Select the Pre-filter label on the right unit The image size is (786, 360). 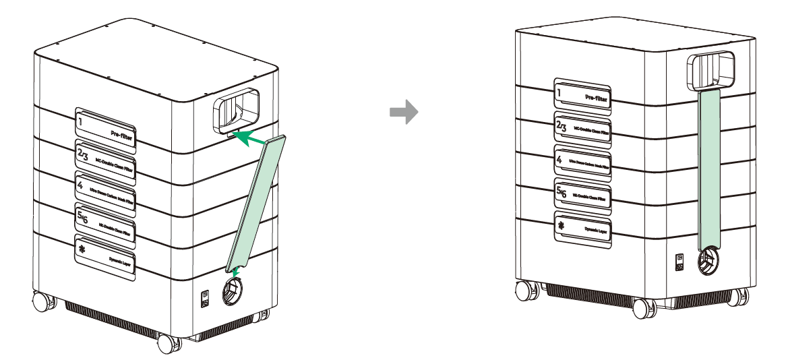582,94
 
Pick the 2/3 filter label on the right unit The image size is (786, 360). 582,128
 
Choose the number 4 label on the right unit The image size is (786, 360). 582,162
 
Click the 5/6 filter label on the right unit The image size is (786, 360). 582,195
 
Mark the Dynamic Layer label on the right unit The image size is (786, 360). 582,227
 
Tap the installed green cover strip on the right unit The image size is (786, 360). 710,169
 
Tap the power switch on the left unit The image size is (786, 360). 205,297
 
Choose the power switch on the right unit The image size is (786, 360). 681,261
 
